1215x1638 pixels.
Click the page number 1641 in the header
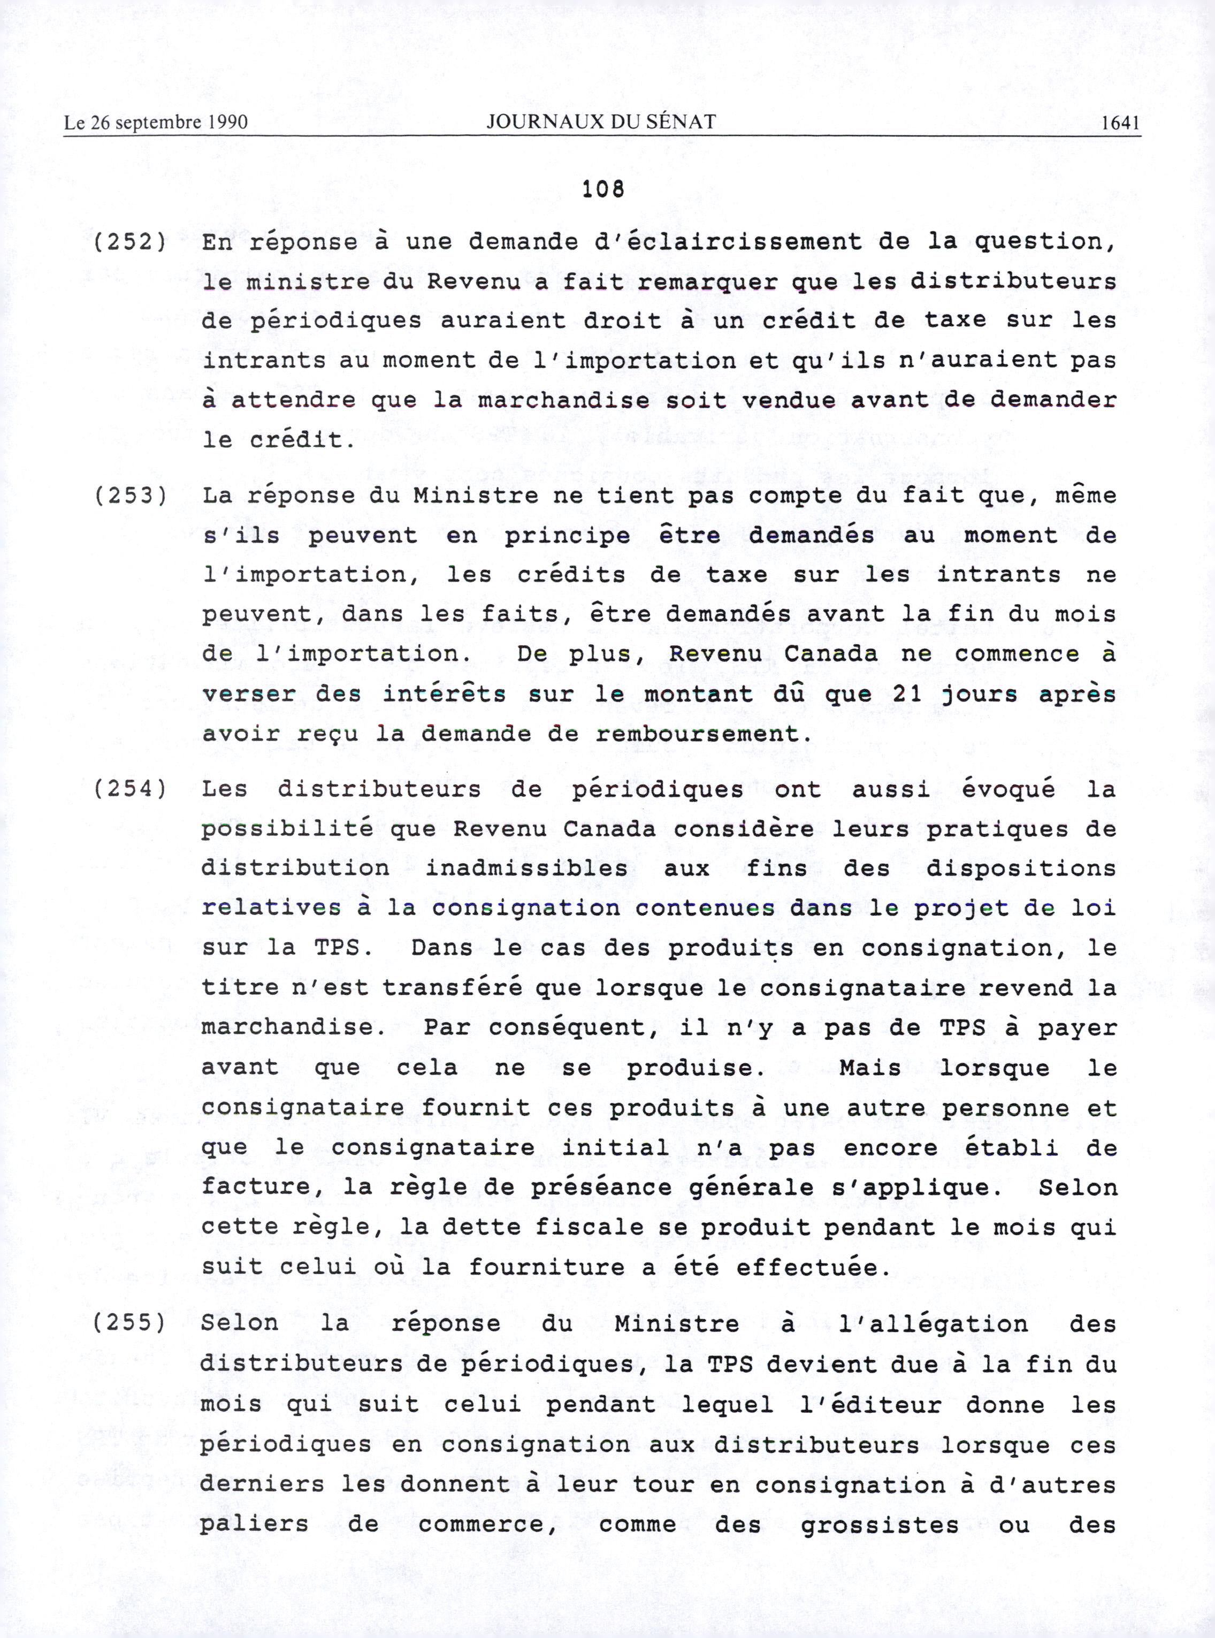click(1120, 123)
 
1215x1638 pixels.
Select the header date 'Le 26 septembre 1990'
click(156, 123)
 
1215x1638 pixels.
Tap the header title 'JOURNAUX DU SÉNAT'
click(601, 122)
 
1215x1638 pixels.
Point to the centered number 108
click(603, 190)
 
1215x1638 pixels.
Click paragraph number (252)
click(130, 242)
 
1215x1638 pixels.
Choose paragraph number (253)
click(130, 495)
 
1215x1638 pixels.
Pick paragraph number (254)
click(130, 789)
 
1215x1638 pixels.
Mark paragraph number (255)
click(130, 1323)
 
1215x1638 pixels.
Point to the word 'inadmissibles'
click(526, 868)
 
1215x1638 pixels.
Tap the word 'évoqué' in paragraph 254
click(1008, 789)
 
